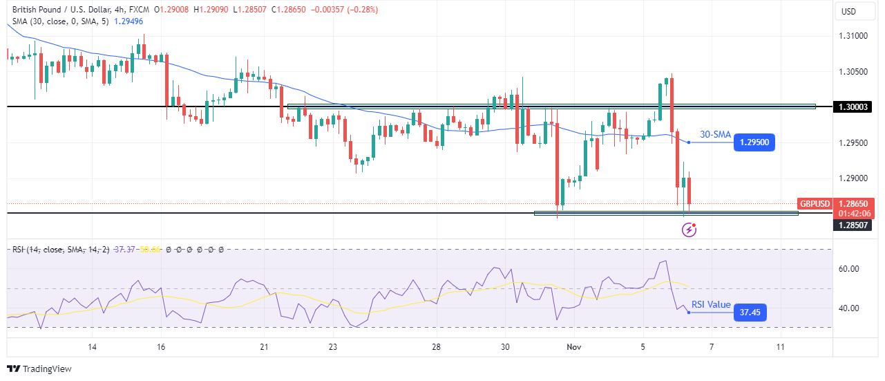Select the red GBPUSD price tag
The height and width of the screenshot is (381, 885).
[x=815, y=204]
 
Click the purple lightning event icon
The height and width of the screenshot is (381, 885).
[x=689, y=230]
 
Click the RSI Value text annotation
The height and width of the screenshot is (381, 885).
[x=711, y=304]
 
